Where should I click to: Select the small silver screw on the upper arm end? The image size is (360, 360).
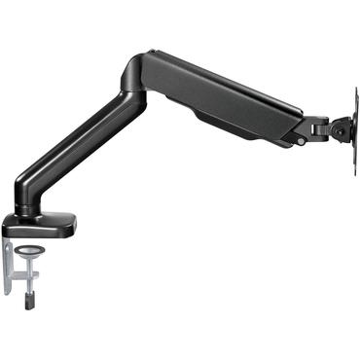[x=301, y=141]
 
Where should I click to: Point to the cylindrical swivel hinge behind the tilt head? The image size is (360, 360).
[x=317, y=127]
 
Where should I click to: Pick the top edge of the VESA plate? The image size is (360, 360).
[x=352, y=91]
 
